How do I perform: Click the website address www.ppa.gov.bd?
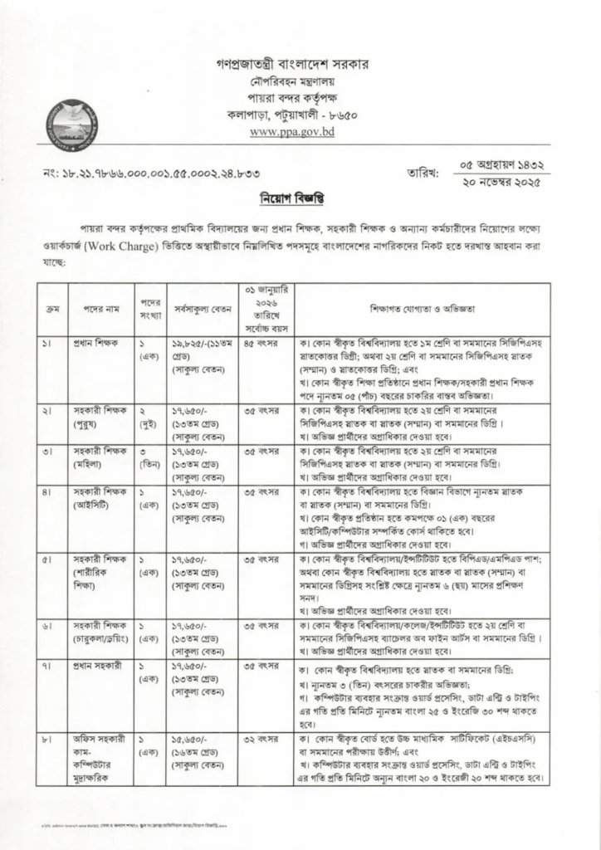(x=291, y=131)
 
